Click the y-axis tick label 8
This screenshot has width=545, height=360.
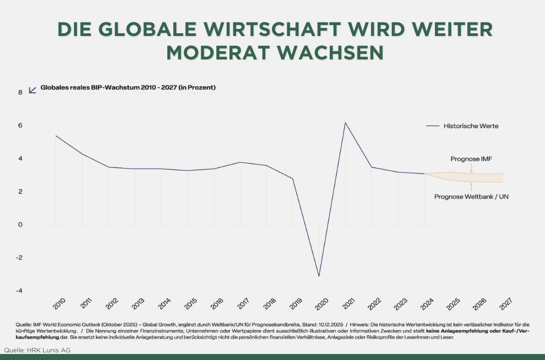point(20,93)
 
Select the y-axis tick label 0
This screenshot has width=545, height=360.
point(20,225)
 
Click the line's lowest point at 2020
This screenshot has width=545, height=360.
point(319,276)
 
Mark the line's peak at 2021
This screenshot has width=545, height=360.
point(345,123)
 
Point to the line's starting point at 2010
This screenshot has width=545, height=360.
point(56,136)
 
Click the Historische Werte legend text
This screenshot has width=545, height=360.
point(471,126)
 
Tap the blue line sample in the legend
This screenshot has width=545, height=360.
point(433,126)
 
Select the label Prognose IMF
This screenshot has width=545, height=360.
point(471,159)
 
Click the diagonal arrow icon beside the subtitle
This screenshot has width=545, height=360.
point(32,89)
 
